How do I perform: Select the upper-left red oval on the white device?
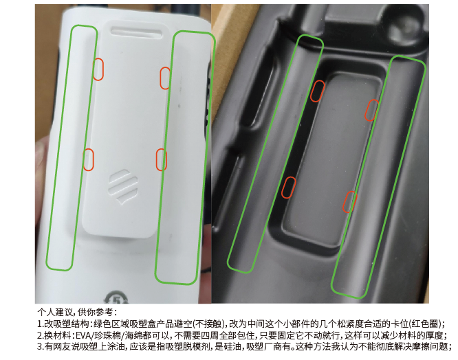click(98, 69)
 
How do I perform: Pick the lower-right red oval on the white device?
click(162, 159)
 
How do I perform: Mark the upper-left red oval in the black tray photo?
click(317, 91)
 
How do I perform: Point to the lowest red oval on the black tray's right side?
click(350, 201)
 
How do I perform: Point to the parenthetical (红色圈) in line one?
click(426, 324)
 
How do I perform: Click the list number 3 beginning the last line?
click(39, 346)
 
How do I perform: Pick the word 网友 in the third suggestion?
click(56, 346)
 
